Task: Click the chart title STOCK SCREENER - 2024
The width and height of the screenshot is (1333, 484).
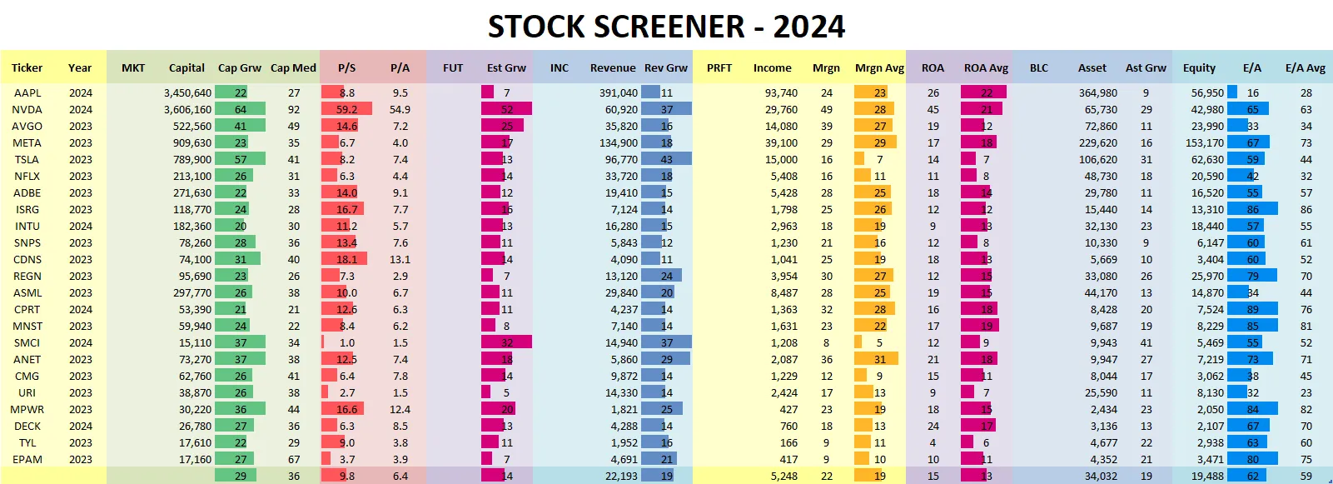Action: (x=666, y=27)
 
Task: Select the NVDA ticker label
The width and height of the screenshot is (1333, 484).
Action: (x=27, y=109)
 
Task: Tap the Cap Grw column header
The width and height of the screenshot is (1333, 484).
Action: (x=239, y=67)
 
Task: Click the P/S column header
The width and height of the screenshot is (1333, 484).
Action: (x=346, y=67)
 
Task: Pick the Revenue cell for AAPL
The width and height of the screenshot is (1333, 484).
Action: (x=619, y=92)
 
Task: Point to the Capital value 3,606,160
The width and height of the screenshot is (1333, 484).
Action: (x=187, y=109)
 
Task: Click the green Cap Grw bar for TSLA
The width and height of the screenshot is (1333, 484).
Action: (x=240, y=159)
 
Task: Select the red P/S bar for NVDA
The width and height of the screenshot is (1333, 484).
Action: (x=346, y=109)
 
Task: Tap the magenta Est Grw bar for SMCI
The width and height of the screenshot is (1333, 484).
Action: (x=506, y=342)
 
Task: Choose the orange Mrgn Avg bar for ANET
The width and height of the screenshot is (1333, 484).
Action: (x=876, y=359)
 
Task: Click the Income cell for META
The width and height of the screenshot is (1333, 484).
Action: (x=781, y=142)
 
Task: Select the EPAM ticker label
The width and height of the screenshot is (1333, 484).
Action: (x=27, y=459)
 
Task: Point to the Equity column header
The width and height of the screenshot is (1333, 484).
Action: (x=1199, y=67)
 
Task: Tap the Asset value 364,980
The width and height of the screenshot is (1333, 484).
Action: (x=1098, y=92)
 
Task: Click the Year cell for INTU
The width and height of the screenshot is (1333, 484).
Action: (x=81, y=226)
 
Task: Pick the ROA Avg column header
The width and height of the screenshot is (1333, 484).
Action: (x=986, y=67)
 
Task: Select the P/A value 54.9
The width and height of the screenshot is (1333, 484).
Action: (x=400, y=109)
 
